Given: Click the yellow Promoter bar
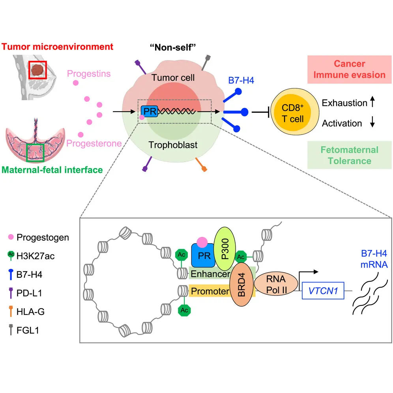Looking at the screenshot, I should point(209,292).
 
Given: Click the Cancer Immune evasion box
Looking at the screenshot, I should point(349,69).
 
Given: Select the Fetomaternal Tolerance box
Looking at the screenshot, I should point(349,155).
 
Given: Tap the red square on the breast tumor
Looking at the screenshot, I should point(39,70).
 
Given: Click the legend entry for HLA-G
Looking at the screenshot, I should point(28,312).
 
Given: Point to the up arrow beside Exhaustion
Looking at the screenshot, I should point(372,103).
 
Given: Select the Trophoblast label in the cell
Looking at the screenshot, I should point(173,145).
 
